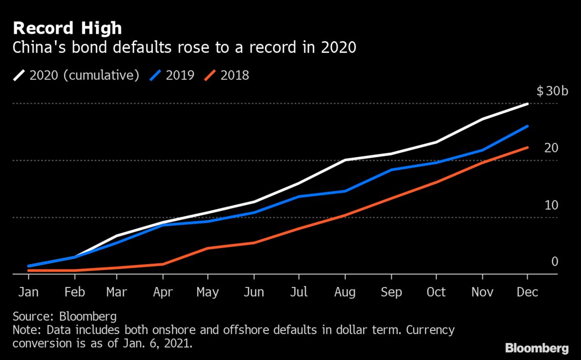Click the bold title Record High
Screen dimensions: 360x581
pos(67,28)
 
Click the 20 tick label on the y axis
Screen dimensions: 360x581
pos(551,148)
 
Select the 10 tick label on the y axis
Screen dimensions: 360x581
pos(551,205)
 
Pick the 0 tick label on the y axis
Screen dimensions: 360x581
pos(555,262)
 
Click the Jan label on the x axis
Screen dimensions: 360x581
pos(29,292)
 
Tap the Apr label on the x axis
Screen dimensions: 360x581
pos(162,292)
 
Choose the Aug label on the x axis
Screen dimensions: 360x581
pos(345,292)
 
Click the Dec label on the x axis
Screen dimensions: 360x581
pos(527,292)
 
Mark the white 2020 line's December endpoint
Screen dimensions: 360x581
pos(527,104)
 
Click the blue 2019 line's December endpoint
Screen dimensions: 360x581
pos(527,126)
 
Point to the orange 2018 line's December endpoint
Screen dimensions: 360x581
pos(527,148)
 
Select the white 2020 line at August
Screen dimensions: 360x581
pos(345,160)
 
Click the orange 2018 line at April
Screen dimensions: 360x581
pos(162,264)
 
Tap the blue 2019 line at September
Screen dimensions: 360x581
pos(391,170)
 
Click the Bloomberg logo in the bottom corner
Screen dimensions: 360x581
pos(537,347)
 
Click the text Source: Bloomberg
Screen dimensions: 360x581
pos(65,317)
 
